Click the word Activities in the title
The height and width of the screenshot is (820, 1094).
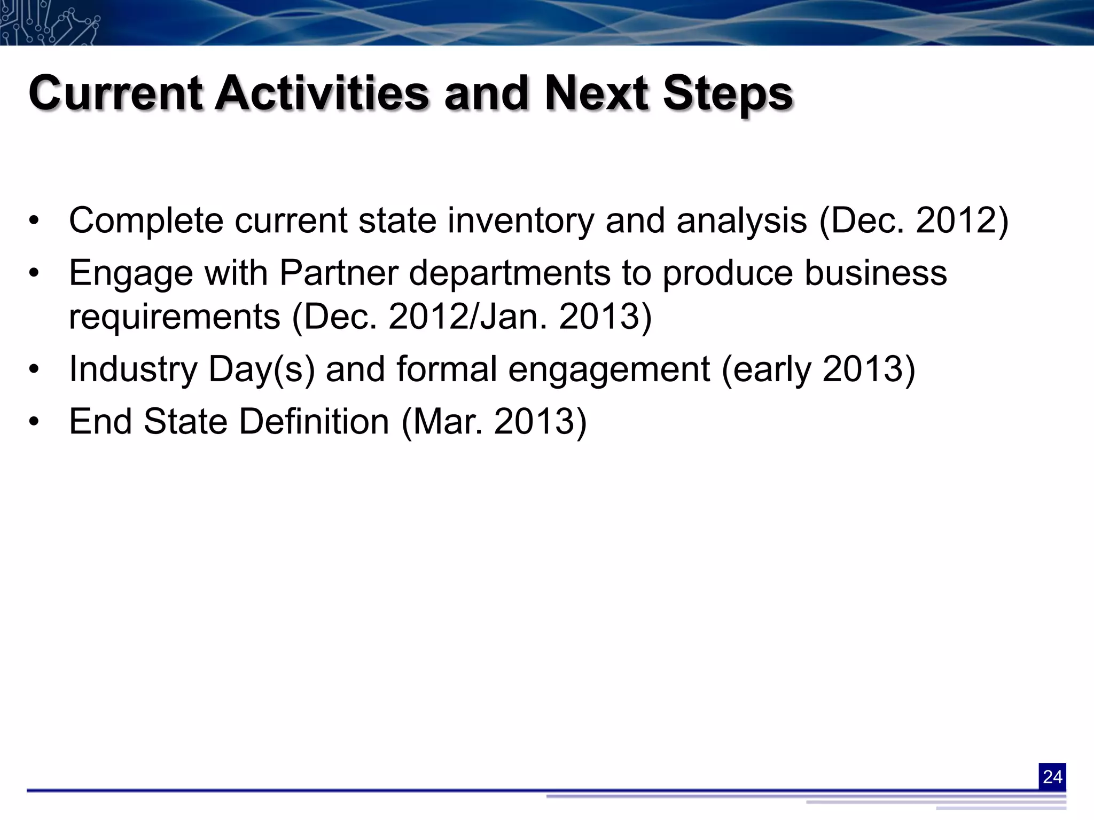(322, 93)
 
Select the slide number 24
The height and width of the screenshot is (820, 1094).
(1052, 776)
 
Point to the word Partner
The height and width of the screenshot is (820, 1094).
(339, 273)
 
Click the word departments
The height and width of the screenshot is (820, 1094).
(510, 274)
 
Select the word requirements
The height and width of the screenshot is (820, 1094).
(175, 317)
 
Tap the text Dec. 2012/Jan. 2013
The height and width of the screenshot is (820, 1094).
(472, 317)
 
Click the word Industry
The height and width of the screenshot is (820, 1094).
(133, 369)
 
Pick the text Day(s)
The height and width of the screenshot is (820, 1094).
(261, 369)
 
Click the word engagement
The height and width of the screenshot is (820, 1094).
(609, 369)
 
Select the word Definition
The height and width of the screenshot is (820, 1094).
(314, 421)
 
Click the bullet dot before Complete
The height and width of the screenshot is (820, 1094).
(34, 222)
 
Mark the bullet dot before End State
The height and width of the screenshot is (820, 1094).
(34, 422)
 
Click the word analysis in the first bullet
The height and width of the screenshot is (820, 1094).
(741, 220)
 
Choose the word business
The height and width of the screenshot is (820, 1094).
(876, 273)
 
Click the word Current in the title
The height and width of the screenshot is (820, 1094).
(115, 93)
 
